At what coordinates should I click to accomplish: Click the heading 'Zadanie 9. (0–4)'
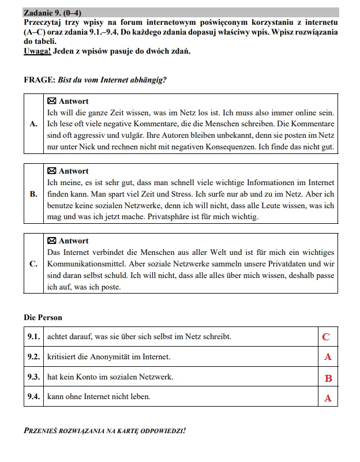[51, 12]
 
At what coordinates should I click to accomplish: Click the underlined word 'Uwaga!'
[37, 51]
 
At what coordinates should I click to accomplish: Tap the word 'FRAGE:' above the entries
[40, 80]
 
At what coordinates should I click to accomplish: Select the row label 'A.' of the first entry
[33, 124]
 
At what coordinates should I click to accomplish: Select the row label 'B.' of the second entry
[33, 194]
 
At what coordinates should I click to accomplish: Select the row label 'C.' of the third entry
[33, 264]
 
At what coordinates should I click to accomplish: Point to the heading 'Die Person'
[43, 317]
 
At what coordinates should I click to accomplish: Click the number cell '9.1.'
[33, 336]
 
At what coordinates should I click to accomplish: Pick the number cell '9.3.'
[33, 377]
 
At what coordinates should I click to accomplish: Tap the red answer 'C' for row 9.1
[327, 337]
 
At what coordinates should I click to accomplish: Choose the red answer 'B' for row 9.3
[328, 378]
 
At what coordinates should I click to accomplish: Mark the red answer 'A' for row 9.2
[328, 357]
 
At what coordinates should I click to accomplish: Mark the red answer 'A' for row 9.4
[328, 398]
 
